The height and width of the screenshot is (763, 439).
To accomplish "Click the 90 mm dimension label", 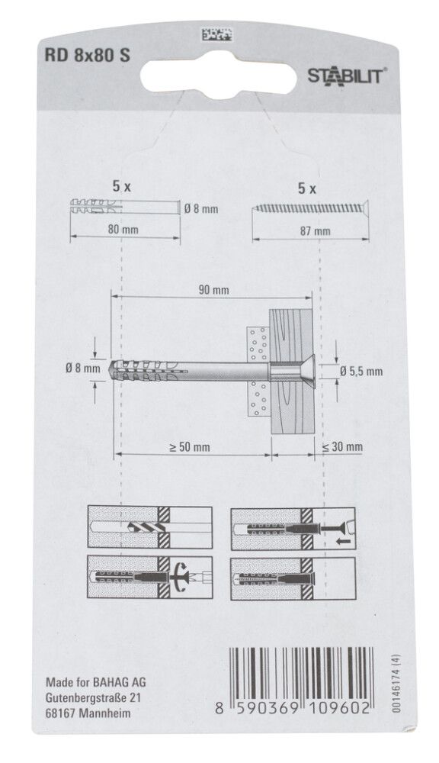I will [213, 291].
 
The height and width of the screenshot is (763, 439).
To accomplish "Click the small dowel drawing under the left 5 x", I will [122, 207].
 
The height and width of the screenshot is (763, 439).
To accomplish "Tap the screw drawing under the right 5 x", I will [313, 208].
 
